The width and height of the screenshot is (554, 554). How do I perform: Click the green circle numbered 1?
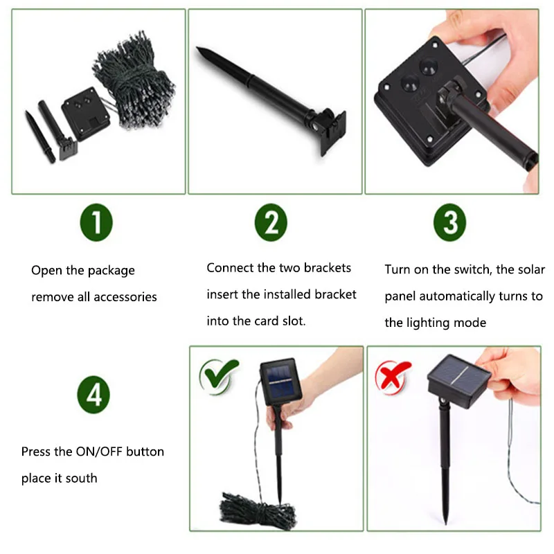96,222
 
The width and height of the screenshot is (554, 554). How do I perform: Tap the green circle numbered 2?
271,222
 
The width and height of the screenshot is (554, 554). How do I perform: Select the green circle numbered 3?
449,222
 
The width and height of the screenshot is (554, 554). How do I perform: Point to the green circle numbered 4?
93,395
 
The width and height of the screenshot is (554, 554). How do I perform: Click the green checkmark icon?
219,375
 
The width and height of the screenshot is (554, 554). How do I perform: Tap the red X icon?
392,376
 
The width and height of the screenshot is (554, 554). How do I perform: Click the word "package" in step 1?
111,271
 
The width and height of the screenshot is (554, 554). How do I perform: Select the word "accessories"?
125,297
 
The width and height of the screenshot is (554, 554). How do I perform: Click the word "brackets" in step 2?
327,268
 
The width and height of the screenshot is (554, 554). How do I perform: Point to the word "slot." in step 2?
294,321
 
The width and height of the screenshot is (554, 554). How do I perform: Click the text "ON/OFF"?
99,452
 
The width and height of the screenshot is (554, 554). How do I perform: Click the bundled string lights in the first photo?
134,80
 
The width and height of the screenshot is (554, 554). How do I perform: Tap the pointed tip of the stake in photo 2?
198,48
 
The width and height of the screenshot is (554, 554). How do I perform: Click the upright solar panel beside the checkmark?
280,382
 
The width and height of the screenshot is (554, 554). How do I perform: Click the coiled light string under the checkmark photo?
258,510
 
